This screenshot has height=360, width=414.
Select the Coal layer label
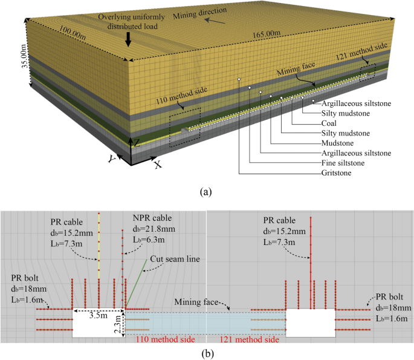[330, 123]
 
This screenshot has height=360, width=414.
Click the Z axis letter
[138, 143]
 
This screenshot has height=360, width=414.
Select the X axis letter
[158, 164]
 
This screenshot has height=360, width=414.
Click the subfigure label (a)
[207, 192]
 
